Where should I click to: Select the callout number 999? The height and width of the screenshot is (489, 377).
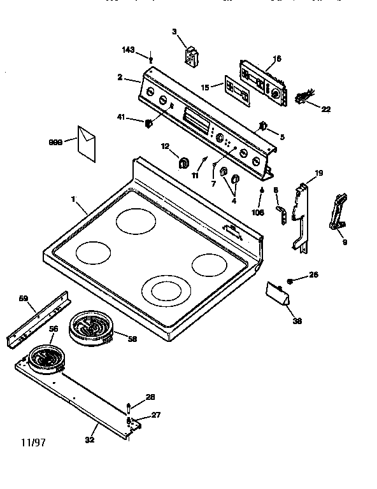pos(55,143)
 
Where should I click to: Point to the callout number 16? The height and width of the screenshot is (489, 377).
pos(276,59)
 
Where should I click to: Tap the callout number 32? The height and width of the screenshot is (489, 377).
pos(90,440)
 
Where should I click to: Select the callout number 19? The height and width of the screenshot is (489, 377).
pos(319,173)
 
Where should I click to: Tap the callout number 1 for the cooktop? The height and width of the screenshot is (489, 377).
pos(73,199)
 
